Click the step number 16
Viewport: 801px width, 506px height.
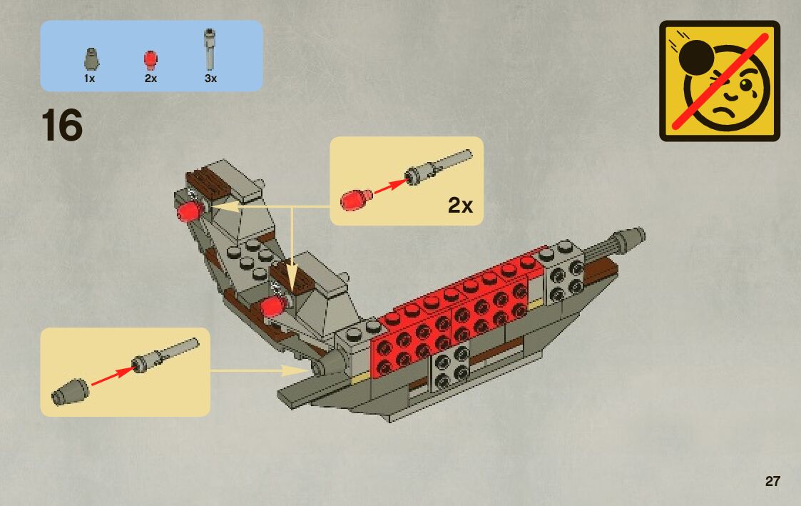(63, 126)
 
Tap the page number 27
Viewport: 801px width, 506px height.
(772, 482)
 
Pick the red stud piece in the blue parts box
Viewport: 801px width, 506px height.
(150, 59)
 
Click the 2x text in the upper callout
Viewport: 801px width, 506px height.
(460, 206)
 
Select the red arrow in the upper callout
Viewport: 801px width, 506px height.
(388, 188)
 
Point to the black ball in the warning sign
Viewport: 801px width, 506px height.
(693, 59)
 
